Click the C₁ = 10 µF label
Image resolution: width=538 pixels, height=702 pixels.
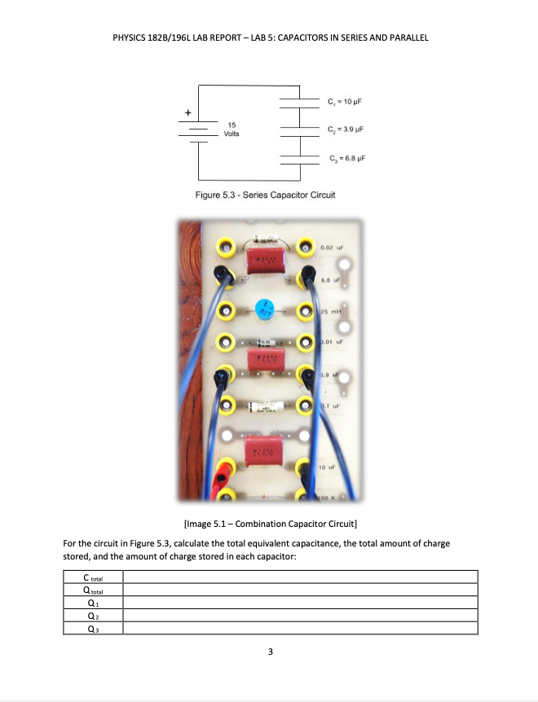tap(343, 103)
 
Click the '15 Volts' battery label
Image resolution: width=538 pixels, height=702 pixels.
tap(232, 129)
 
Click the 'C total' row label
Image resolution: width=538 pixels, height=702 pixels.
tap(93, 577)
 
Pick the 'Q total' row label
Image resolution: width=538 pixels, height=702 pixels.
tap(93, 590)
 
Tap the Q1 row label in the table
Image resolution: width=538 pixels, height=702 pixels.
tap(93, 603)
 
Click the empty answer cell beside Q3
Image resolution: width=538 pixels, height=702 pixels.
tap(299, 628)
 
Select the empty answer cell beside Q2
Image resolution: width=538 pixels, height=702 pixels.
tap(299, 616)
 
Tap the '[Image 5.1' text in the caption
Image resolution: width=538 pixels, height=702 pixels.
tap(196, 522)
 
